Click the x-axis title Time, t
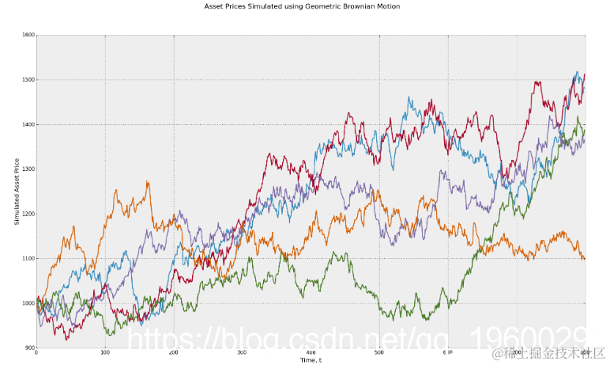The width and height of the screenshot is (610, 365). point(311,360)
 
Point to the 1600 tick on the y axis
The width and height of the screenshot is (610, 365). point(28,36)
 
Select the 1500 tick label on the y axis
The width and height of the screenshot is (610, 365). point(28,80)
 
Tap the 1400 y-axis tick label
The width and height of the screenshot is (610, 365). point(28,125)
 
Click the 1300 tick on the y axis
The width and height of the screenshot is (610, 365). point(28,169)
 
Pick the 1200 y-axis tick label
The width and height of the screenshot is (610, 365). point(28,215)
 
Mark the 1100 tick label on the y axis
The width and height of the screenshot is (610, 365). point(28,259)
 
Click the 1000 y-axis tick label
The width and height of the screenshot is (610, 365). point(28,303)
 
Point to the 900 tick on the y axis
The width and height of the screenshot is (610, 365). point(30,348)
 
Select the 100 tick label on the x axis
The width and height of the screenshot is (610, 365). point(105,354)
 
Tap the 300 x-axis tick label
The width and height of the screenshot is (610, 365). point(242,354)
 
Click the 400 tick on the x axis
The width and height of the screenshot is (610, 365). point(311,354)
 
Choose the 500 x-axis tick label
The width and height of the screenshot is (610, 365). point(379,354)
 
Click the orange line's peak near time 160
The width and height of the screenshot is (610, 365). point(147,182)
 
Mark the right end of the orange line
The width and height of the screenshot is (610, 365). point(585,259)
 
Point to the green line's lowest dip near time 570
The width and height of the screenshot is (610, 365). point(427,319)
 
